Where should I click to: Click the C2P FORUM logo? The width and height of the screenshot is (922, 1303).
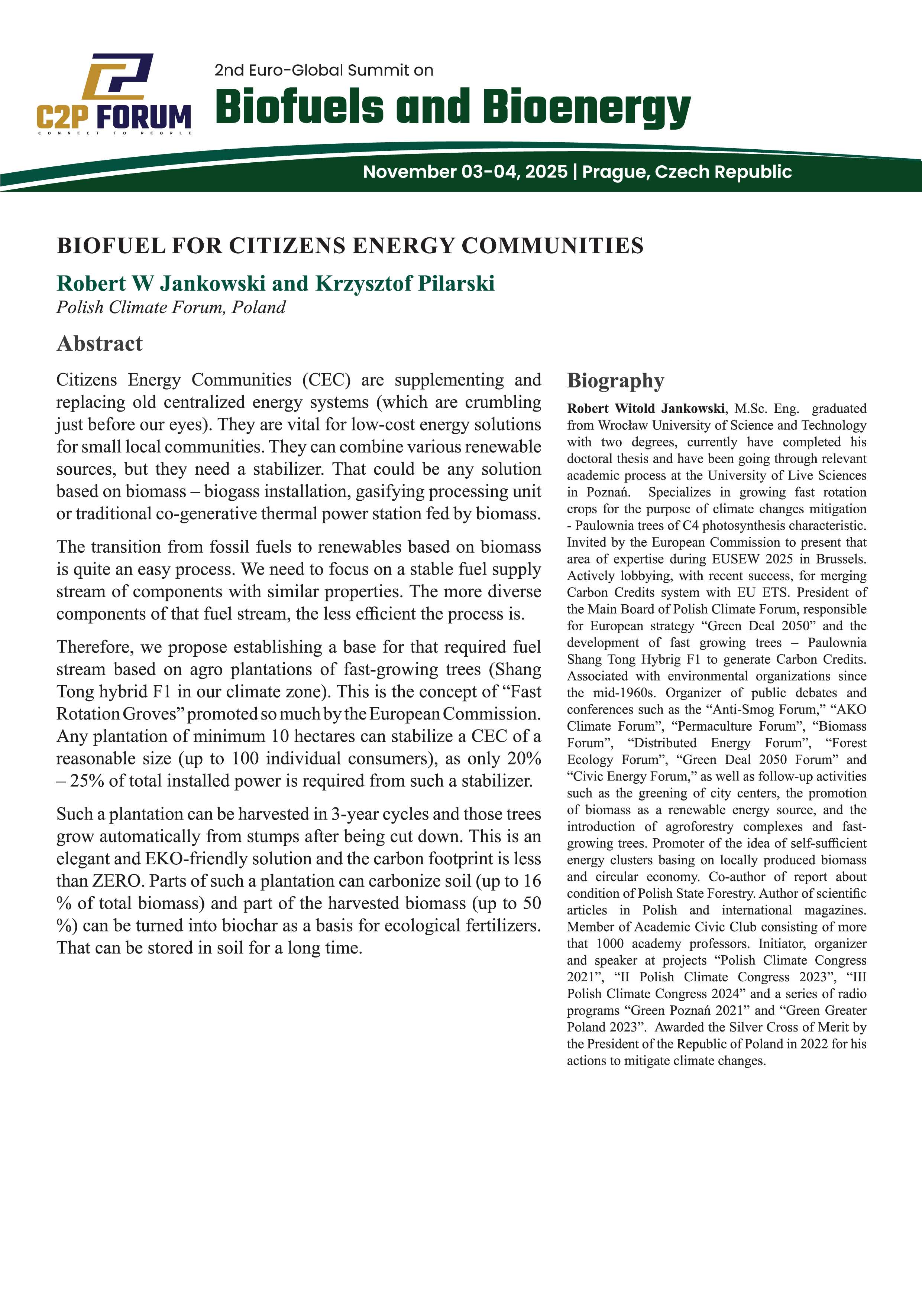pyautogui.click(x=114, y=94)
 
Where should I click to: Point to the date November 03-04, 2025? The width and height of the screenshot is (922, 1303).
pyautogui.click(x=465, y=171)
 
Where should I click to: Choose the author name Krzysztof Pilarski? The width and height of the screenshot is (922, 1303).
pyautogui.click(x=405, y=283)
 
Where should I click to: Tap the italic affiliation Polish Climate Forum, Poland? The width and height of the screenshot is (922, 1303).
pyautogui.click(x=170, y=308)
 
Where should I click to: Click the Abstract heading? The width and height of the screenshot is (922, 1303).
pyautogui.click(x=99, y=343)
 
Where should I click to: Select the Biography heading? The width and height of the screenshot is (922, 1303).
pyautogui.click(x=615, y=381)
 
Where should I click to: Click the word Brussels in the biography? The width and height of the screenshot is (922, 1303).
pyautogui.click(x=841, y=559)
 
